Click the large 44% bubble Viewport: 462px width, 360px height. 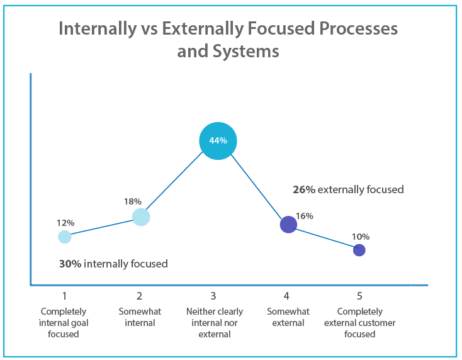coord(218,140)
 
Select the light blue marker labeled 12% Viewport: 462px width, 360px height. coord(65,237)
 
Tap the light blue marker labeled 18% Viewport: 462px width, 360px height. coord(141,217)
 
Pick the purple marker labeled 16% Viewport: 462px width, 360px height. coord(288,224)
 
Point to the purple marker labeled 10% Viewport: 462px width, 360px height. coord(359,250)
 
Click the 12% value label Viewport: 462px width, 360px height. coord(65,223)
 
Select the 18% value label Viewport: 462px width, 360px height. coord(132,201)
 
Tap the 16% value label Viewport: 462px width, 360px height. coord(305,216)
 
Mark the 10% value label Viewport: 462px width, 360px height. coord(361,237)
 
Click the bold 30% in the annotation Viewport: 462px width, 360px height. coord(70,264)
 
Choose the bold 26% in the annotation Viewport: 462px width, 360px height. coord(303,189)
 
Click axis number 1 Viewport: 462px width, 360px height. coord(64,296)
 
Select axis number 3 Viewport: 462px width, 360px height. coord(213,296)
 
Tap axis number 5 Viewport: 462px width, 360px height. coord(359,296)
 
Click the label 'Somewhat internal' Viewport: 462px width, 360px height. coord(139,317)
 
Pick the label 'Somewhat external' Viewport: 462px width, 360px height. coord(286,317)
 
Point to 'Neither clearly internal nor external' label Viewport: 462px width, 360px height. coord(214,323)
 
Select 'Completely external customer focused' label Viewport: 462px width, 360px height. coord(359,323)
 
